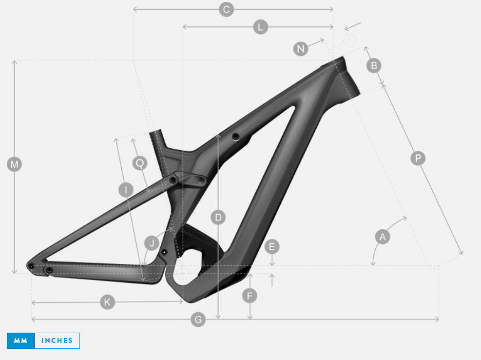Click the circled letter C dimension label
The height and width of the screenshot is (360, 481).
(x=227, y=10)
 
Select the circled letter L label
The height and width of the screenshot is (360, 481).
(x=260, y=27)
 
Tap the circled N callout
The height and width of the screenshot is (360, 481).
(x=301, y=48)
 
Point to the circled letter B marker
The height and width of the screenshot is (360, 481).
(x=374, y=65)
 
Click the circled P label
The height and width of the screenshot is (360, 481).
(x=418, y=158)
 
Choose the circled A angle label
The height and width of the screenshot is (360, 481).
(x=383, y=237)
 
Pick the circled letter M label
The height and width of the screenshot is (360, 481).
(x=14, y=164)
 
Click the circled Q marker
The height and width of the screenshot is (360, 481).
(x=139, y=163)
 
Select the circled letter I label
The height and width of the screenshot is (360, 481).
(x=126, y=190)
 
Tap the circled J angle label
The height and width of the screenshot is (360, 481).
(x=152, y=243)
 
